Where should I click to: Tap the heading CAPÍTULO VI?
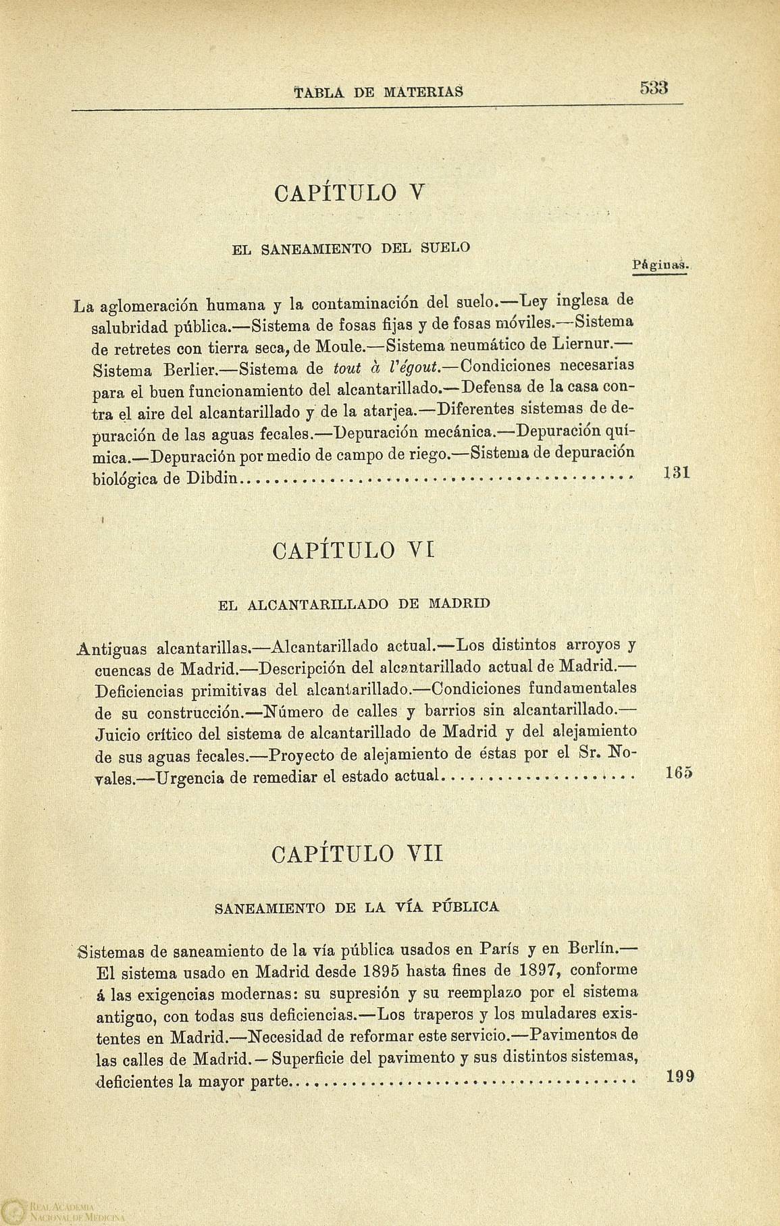click(352, 551)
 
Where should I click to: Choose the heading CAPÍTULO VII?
click(357, 854)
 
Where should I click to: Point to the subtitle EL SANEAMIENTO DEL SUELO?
click(350, 248)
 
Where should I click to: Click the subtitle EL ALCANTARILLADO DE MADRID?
click(353, 604)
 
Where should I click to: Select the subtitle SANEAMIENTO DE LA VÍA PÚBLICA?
click(357, 907)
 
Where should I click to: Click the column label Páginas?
click(659, 266)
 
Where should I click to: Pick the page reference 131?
click(675, 474)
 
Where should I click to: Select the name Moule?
click(339, 347)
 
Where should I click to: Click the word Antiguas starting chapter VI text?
click(113, 649)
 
